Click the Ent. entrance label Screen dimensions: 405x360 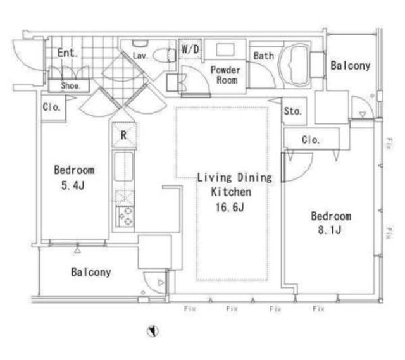coord(68,53)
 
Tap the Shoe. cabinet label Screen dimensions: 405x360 coord(70,85)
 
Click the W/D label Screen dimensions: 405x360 coord(190,49)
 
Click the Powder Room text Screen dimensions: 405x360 coord(225,75)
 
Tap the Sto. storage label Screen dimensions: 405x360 coord(292,111)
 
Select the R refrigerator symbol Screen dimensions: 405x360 coord(124,135)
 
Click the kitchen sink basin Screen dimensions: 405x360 coord(124,166)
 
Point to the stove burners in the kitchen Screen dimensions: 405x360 coord(125,216)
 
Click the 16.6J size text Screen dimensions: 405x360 coord(230,207)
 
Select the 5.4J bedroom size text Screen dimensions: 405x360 coord(73,185)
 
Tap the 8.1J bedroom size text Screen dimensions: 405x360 coord(330,230)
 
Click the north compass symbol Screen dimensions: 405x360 coord(153,331)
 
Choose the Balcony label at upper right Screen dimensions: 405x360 coord(351,66)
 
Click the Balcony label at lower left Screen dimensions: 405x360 coord(91,272)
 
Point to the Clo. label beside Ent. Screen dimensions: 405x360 coord(52,107)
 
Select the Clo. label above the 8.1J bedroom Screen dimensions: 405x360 coord(311,140)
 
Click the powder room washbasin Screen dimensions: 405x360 coord(225,49)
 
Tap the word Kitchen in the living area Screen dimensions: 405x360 coord(231,192)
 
